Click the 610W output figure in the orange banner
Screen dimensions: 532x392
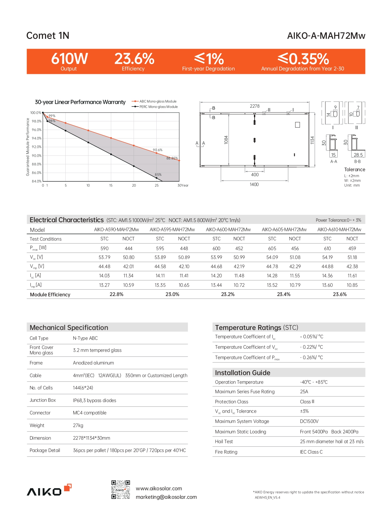tap(69, 59)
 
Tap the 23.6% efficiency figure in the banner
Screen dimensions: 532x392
tap(134, 59)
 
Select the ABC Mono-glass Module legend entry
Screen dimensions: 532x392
tap(158, 101)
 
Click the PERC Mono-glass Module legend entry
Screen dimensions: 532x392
tap(158, 107)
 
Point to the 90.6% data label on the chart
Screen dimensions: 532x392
tap(158, 150)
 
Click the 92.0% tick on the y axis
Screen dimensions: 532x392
tap(36, 147)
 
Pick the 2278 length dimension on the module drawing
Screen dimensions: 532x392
tap(255, 106)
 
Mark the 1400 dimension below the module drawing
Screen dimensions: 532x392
tap(254, 184)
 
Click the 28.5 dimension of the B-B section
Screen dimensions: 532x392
tap(358, 155)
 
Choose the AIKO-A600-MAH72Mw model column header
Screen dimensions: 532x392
tap(228, 230)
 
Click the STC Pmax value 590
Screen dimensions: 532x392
tap(104, 249)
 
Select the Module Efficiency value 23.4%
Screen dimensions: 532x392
tap(284, 294)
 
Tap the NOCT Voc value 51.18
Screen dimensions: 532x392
tap(352, 257)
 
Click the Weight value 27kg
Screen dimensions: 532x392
tap(78, 426)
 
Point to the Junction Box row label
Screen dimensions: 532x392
tap(43, 400)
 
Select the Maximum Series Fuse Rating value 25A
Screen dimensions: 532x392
tap(304, 392)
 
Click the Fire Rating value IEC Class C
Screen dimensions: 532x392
tap(311, 452)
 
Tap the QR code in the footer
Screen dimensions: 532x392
tap(121, 490)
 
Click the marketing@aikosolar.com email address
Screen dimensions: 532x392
tap(166, 497)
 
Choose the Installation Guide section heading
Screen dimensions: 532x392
tap(243, 373)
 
